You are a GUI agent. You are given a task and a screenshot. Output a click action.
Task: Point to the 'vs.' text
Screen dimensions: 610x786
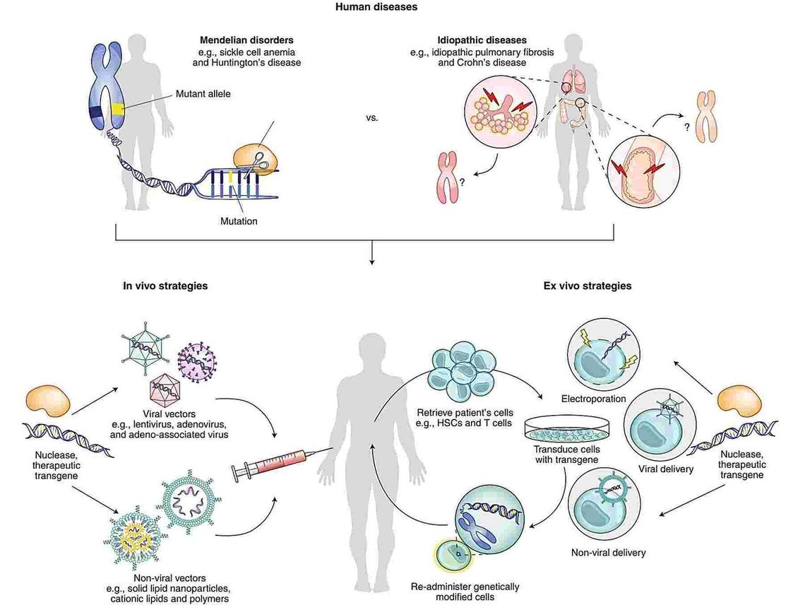(373, 118)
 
